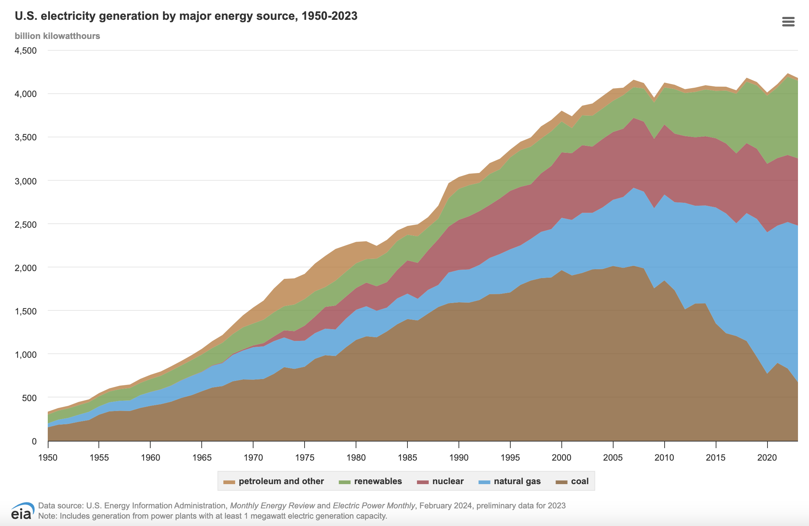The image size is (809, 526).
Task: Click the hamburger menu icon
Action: point(788,22)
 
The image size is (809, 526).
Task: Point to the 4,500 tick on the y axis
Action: point(26,51)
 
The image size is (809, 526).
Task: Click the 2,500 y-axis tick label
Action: point(26,224)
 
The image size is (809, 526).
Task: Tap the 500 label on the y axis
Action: point(29,398)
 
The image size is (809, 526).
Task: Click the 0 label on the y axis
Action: point(34,442)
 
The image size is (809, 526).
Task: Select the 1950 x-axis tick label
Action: point(48,458)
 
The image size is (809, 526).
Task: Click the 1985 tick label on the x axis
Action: point(407,458)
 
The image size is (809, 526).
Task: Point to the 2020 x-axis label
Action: point(767,458)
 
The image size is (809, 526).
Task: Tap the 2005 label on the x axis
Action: point(613,458)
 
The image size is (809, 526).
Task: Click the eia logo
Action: point(22,511)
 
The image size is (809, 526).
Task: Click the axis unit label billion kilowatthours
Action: point(57,36)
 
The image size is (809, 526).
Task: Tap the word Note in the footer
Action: point(47,516)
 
